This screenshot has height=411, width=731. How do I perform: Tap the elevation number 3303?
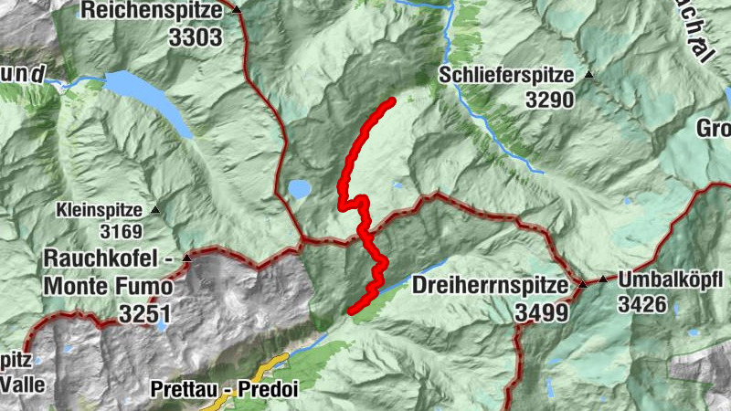click(x=195, y=37)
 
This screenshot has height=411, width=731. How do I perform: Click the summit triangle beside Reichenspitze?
click(x=236, y=10)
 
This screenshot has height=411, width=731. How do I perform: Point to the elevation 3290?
click(x=551, y=100)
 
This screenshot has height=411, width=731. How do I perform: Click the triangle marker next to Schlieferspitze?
click(x=589, y=75)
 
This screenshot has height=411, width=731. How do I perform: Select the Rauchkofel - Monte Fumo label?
click(x=108, y=272)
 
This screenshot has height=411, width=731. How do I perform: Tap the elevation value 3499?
click(x=540, y=312)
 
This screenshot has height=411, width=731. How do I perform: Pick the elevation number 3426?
click(x=642, y=302)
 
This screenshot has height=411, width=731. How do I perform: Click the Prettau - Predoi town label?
click(x=224, y=388)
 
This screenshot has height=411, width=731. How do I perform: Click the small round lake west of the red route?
click(x=299, y=189)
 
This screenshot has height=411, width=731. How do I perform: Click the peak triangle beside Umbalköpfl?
click(x=603, y=279)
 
